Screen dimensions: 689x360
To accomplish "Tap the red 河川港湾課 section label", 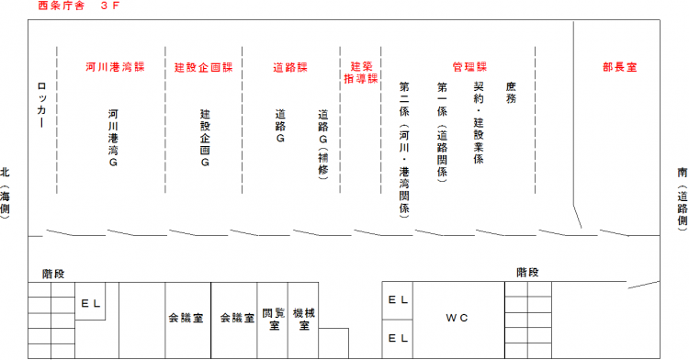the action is pyautogui.click(x=115, y=68).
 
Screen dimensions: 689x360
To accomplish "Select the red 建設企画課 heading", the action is pyautogui.click(x=203, y=68).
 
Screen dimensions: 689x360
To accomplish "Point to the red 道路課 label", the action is pyautogui.click(x=289, y=68).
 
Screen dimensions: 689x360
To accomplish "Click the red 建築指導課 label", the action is pyautogui.click(x=360, y=73).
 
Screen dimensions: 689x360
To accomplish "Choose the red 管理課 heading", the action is pyautogui.click(x=469, y=68).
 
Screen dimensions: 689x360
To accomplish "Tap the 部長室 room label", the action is pyautogui.click(x=620, y=68).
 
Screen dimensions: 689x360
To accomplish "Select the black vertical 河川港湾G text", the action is pyautogui.click(x=113, y=138).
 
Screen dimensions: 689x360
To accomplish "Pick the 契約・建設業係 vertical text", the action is pyautogui.click(x=479, y=124).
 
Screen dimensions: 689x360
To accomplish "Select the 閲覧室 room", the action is pyautogui.click(x=273, y=318).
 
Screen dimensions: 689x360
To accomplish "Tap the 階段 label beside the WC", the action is pyautogui.click(x=526, y=273).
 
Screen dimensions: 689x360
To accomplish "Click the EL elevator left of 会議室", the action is pyautogui.click(x=89, y=301).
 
